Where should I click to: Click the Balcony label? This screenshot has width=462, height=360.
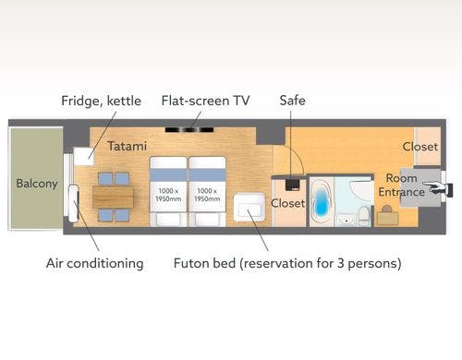pyautogui.click(x=37, y=184)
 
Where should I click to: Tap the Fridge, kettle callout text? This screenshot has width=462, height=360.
pyautogui.click(x=101, y=101)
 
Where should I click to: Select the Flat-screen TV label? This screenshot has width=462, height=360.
pyautogui.click(x=205, y=101)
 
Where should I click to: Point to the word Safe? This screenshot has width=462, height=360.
pyautogui.click(x=292, y=101)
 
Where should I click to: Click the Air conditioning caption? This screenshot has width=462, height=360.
pyautogui.click(x=95, y=264)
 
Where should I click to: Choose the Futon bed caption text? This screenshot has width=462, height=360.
pyautogui.click(x=287, y=264)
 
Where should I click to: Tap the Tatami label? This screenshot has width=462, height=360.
pyautogui.click(x=127, y=146)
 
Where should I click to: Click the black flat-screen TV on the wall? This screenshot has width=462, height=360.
pyautogui.click(x=189, y=130)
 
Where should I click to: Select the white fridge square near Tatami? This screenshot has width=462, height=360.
pyautogui.click(x=83, y=156)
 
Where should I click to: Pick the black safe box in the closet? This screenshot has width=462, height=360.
pyautogui.click(x=292, y=185)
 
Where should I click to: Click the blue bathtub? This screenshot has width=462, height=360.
pyautogui.click(x=321, y=201)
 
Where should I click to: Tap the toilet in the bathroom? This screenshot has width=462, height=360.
pyautogui.click(x=364, y=214)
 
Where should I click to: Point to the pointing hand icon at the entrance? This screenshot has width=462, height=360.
pyautogui.click(x=437, y=187)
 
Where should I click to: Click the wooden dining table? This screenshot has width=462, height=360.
pyautogui.click(x=113, y=197)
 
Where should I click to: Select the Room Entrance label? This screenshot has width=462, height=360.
pyautogui.click(x=402, y=185)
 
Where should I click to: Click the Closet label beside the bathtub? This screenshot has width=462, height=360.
pyautogui.click(x=287, y=203)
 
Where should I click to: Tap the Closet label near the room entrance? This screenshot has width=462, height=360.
pyautogui.click(x=420, y=147)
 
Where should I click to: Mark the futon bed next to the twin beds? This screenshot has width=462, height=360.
pyautogui.click(x=249, y=207)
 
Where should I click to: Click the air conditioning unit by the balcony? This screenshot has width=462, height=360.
pyautogui.click(x=74, y=203)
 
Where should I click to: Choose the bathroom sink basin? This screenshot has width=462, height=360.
pyautogui.click(x=346, y=219)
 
